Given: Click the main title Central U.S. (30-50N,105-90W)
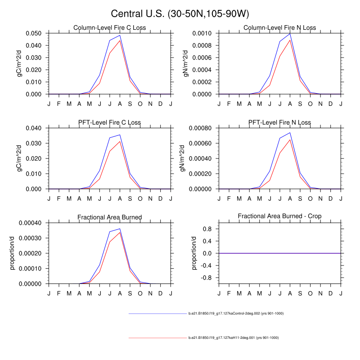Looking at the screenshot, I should click(180, 13).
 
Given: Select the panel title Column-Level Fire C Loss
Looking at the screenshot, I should click(110, 28).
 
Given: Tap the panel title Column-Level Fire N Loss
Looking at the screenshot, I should click(279, 28).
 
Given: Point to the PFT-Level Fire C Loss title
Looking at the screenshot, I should click(110, 122).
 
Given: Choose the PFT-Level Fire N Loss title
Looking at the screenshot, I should click(279, 122).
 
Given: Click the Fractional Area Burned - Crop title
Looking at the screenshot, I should click(279, 217).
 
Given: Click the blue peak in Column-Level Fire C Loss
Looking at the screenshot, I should click(120, 35).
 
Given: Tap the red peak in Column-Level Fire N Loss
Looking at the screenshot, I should click(290, 40).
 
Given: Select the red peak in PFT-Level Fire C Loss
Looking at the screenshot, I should click(120, 141).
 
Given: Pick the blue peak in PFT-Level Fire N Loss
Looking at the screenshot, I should click(290, 132).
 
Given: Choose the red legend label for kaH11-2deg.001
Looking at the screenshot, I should click(233, 337).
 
